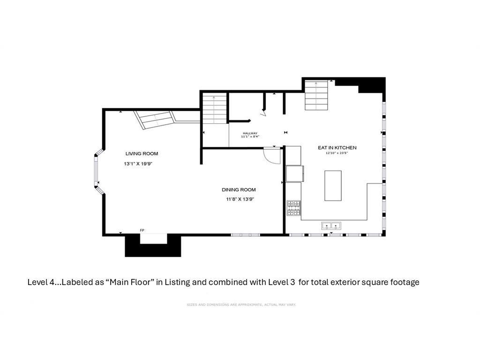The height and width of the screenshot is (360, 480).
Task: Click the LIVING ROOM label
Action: click(x=142, y=154)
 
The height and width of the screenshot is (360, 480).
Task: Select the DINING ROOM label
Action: click(x=239, y=190)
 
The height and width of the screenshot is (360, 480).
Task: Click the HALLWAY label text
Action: click(x=250, y=133)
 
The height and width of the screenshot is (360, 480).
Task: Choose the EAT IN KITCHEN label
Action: click(x=337, y=148)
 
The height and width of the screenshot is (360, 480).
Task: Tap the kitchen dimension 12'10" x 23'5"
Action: click(x=337, y=153)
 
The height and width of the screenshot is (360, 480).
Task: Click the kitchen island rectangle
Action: click(x=333, y=186)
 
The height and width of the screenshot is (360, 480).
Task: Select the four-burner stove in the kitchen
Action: click(x=294, y=208)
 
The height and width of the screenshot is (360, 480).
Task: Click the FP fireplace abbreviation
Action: click(x=142, y=230)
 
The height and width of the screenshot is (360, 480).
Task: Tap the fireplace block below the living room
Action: click(x=153, y=246)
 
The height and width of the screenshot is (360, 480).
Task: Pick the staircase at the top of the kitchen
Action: click(x=316, y=95)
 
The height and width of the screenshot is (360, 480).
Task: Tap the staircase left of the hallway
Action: click(x=215, y=109)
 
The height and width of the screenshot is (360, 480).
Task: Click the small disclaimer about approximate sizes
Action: click(x=241, y=305)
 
